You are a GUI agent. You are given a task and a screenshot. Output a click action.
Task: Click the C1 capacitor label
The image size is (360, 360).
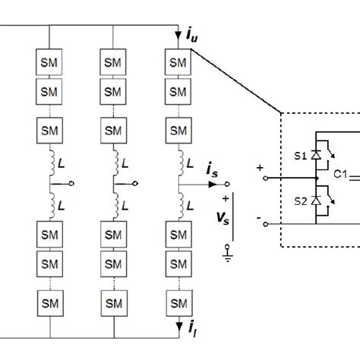338,175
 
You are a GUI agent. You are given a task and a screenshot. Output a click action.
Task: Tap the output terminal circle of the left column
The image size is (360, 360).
71,184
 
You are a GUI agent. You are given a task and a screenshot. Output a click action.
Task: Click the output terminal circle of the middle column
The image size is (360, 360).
136,184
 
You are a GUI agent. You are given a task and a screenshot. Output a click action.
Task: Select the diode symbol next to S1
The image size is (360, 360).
315,155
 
